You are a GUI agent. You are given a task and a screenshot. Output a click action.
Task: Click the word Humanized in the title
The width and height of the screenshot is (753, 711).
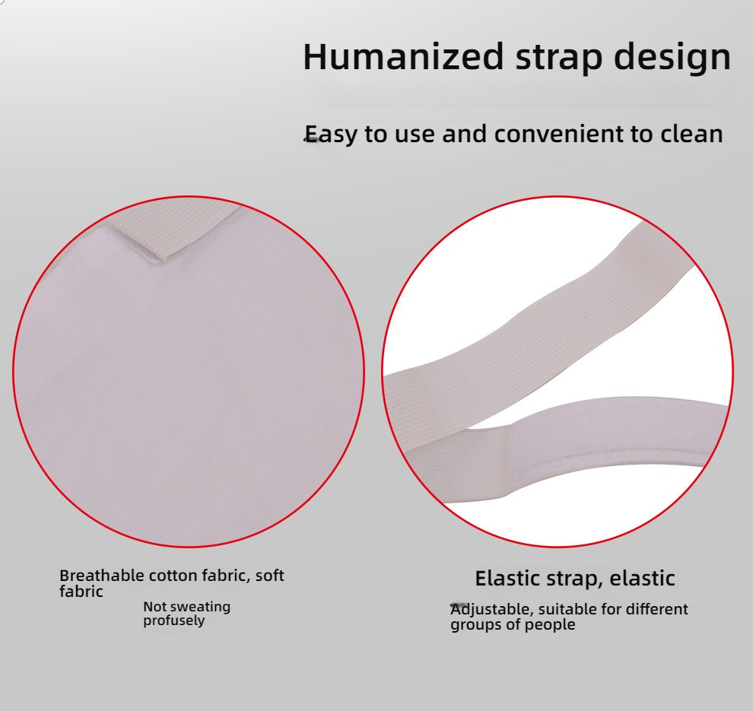(403, 56)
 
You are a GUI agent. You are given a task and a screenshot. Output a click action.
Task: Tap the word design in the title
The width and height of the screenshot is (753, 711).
(672, 56)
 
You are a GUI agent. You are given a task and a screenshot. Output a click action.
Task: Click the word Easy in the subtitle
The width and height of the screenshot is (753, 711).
(332, 134)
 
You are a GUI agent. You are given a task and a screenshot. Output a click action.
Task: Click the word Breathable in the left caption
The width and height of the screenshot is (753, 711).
(101, 575)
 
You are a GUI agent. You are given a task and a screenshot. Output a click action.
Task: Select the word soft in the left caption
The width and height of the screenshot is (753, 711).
(269, 575)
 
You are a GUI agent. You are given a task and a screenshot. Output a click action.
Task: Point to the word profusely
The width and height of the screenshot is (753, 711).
(174, 621)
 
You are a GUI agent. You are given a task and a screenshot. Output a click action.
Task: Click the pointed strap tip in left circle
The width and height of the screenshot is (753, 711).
(165, 259)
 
